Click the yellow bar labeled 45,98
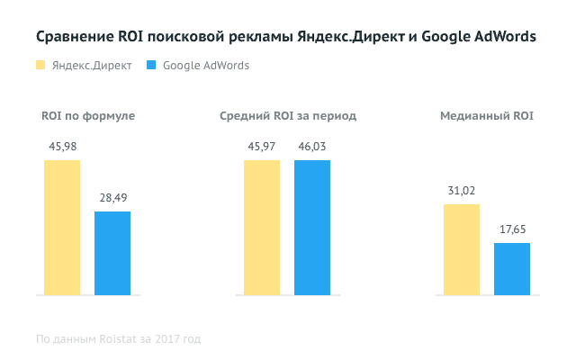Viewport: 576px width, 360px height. (x=62, y=228)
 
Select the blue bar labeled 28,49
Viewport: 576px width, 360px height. (x=112, y=253)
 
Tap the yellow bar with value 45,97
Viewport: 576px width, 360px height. (x=261, y=228)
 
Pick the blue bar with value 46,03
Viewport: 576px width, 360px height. (x=312, y=228)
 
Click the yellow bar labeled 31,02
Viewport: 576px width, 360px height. (x=461, y=249)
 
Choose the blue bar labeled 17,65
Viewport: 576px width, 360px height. (x=511, y=269)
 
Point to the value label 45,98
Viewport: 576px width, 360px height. (x=62, y=148)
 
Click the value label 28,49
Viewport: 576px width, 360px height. (x=112, y=199)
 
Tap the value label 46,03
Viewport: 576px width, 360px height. (x=312, y=148)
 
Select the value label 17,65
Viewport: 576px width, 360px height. (x=511, y=230)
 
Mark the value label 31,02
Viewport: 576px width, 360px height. (x=461, y=192)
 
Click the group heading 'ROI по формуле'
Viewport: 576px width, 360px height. (x=88, y=117)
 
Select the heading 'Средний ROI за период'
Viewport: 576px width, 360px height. (x=287, y=117)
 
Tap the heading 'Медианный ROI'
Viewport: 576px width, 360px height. (x=486, y=117)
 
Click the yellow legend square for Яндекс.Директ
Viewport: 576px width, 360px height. (x=40, y=66)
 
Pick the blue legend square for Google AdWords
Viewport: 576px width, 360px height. (x=151, y=66)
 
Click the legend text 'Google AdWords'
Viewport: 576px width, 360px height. (x=206, y=66)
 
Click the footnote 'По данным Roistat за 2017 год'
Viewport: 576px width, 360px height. (x=118, y=339)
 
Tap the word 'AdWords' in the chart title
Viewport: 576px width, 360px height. (x=499, y=37)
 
